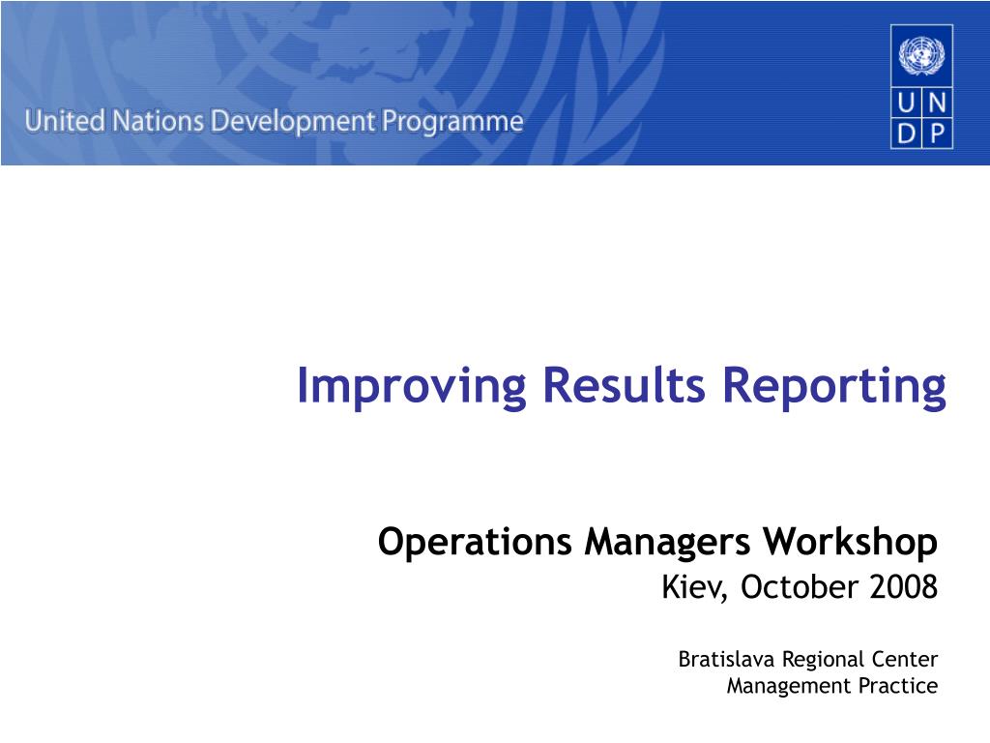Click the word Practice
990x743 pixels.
[x=901, y=687]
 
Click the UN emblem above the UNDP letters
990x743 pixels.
[x=921, y=56]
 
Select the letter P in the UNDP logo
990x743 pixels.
[x=937, y=134]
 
